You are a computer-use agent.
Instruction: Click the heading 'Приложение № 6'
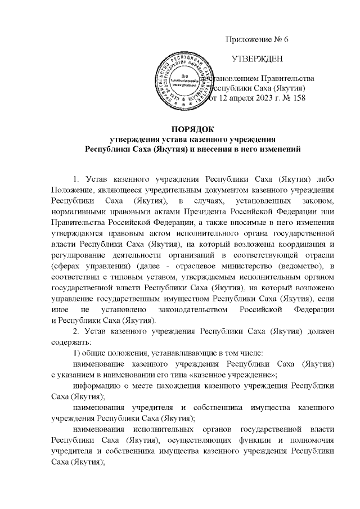pos(256,39)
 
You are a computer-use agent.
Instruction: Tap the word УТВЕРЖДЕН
pos(258,58)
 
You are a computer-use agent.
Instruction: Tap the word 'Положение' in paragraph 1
pos(71,191)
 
